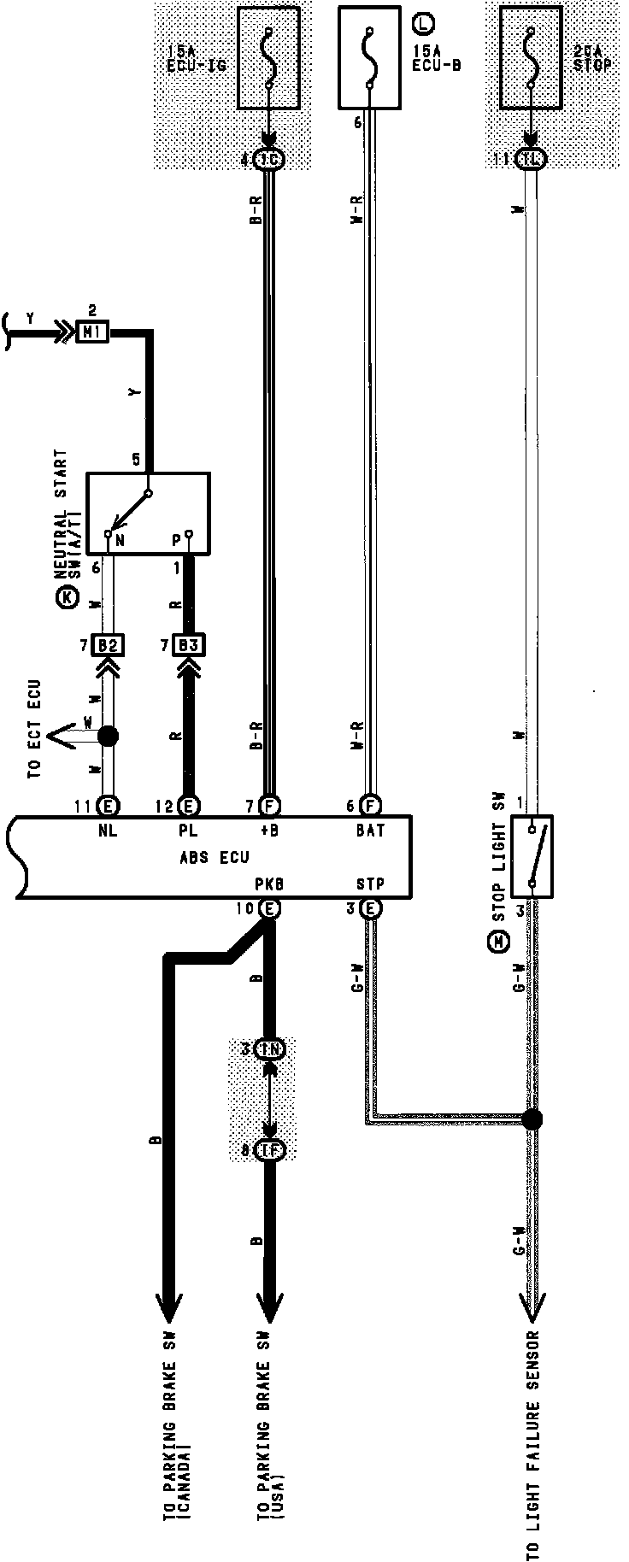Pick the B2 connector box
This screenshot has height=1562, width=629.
coord(108,644)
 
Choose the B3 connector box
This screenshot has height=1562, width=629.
coord(189,644)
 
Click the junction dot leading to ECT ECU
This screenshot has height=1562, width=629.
coord(108,736)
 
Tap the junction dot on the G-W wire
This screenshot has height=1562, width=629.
coord(532,1119)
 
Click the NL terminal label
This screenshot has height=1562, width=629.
coord(108,829)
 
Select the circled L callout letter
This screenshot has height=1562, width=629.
coord(420,19)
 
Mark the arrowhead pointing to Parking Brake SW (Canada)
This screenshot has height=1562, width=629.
coord(168,1308)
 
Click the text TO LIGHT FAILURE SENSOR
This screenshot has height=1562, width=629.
coord(533,1444)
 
